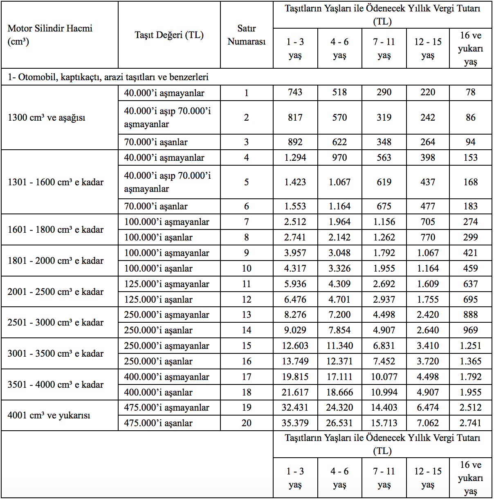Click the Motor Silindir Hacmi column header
click(50, 35)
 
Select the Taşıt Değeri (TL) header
click(169, 35)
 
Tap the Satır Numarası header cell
click(246, 35)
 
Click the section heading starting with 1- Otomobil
click(108, 77)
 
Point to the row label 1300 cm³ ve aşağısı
click(47, 117)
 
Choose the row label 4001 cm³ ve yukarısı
click(49, 415)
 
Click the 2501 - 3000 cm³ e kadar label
click(55, 322)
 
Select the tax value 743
click(295, 92)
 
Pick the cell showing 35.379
click(295, 423)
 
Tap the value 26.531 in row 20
click(339, 423)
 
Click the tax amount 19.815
click(295, 377)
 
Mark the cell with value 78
click(470, 92)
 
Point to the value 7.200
click(339, 315)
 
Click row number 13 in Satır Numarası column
click(246, 315)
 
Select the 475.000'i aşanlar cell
click(158, 423)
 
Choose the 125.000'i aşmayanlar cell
click(166, 284)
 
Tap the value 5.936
click(295, 284)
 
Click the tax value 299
click(470, 237)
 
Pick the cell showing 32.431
click(295, 407)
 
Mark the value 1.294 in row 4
click(295, 157)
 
